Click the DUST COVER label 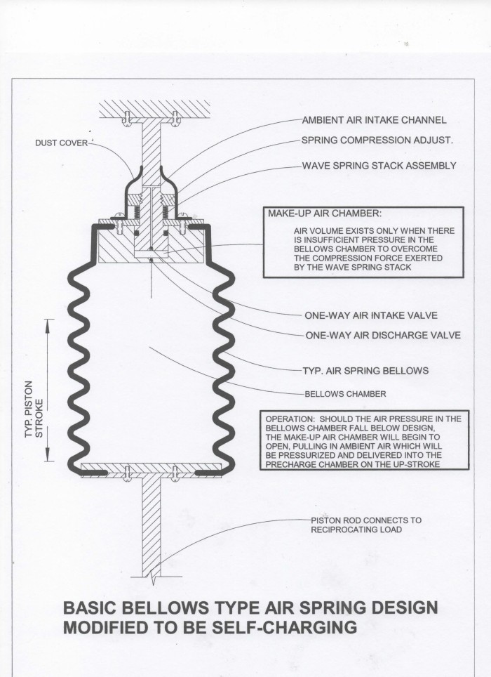click(x=61, y=143)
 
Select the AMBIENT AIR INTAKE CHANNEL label click(x=373, y=119)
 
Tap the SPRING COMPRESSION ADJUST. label click(x=377, y=140)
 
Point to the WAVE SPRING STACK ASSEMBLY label click(x=379, y=166)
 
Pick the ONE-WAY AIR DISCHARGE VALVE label click(x=382, y=335)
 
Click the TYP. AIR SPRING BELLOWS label click(x=365, y=369)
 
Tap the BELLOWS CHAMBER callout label click(x=339, y=393)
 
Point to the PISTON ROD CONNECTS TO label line click(x=365, y=520)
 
